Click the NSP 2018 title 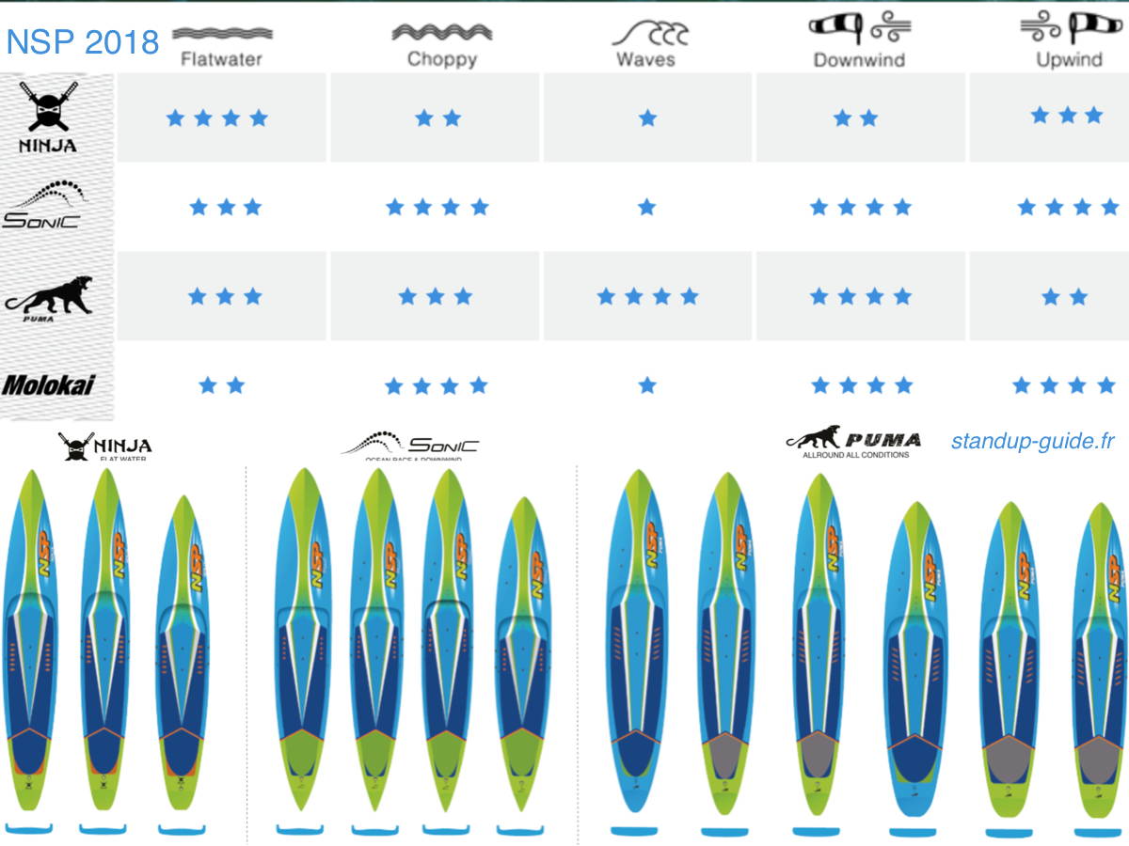coord(82,42)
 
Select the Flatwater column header coord(222,59)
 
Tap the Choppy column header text coord(441,59)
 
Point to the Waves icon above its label coord(649,32)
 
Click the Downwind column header coord(859,59)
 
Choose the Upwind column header coord(1069,59)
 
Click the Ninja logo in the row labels coord(48,117)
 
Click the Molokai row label coord(48,385)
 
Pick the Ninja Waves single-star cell coord(647,118)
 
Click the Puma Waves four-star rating coord(647,297)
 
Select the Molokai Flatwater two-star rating coord(222,385)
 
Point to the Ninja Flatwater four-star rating coord(217,118)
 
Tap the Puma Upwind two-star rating coord(1064,297)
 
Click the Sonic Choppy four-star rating coord(437,207)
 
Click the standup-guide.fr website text coord(1032,442)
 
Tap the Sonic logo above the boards coord(410,445)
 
